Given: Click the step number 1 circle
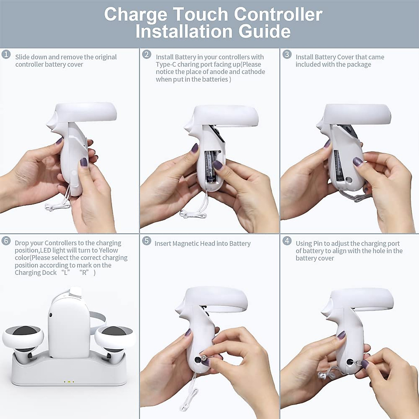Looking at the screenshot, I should tap(6, 54).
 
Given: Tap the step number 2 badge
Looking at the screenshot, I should tap(147, 54).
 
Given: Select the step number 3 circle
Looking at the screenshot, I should tap(287, 54).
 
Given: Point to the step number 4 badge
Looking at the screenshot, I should tap(287, 241).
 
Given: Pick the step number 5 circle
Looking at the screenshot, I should tap(147, 241).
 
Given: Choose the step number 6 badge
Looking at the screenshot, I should tap(6, 241).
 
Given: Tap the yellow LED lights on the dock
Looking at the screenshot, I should tap(69, 382).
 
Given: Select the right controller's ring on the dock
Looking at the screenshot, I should tap(115, 337).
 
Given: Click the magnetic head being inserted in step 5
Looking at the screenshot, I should tap(202, 359).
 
